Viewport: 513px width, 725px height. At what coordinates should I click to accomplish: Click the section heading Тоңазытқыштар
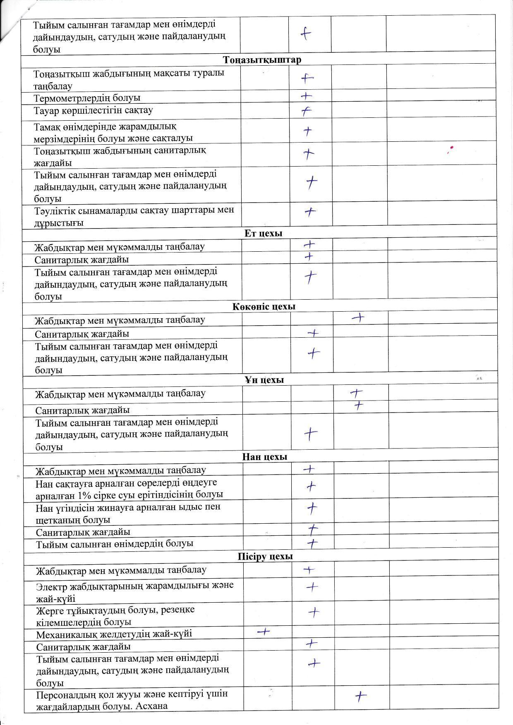(x=262, y=60)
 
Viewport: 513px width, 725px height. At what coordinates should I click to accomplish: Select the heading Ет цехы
(x=263, y=233)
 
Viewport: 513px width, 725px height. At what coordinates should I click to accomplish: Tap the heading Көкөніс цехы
(x=264, y=307)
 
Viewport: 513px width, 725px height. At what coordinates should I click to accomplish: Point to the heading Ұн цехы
(x=264, y=380)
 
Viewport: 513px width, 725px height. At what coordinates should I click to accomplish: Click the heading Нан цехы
(x=264, y=457)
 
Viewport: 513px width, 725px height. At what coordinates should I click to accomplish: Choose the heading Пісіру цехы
(x=265, y=556)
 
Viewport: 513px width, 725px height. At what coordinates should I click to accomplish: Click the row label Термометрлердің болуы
(x=87, y=98)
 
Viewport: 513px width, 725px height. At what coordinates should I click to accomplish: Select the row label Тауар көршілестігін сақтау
(x=93, y=110)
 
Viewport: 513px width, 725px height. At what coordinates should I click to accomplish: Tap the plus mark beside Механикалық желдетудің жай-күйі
(x=263, y=632)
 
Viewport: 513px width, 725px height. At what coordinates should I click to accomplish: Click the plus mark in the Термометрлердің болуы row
(x=306, y=96)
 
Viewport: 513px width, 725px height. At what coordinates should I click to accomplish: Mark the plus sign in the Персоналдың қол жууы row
(x=361, y=697)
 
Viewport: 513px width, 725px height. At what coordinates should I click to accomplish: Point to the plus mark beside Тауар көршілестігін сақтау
(x=306, y=111)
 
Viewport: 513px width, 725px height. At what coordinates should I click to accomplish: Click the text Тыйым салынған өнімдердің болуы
(x=115, y=543)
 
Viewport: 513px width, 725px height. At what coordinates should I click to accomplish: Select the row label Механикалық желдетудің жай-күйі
(x=114, y=634)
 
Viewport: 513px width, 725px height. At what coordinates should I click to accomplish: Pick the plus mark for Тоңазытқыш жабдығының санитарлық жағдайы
(x=308, y=154)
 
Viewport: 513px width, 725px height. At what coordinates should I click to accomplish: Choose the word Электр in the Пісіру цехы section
(x=50, y=586)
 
